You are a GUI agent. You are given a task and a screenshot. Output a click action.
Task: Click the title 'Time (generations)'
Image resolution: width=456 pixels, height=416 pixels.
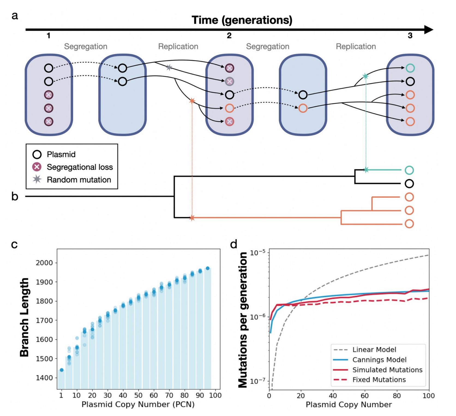242,20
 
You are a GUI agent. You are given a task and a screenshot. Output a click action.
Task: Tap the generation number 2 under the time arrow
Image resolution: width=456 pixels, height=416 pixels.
229,35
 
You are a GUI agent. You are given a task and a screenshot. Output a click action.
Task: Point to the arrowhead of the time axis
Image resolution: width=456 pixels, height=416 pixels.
428,29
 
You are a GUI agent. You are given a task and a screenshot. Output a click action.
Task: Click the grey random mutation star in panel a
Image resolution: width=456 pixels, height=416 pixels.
169,67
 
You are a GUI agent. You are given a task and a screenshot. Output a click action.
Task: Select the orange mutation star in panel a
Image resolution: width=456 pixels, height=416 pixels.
192,101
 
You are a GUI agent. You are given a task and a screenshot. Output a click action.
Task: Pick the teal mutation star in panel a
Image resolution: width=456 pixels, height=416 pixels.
365,76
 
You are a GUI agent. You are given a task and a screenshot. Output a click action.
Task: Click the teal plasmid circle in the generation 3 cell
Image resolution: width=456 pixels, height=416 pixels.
410,68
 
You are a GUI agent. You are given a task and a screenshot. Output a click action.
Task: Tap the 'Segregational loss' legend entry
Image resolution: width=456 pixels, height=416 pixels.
79,167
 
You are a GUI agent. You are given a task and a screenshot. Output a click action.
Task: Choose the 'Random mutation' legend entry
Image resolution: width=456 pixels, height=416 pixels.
79,180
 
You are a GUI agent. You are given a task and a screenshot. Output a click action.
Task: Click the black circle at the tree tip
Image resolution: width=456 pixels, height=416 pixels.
409,184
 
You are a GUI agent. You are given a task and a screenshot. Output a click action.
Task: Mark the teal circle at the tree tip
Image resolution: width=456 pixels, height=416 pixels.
409,170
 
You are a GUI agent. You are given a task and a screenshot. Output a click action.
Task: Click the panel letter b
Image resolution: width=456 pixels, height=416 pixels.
15,196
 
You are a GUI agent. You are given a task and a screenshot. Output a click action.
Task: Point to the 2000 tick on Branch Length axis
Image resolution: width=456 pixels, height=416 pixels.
44,263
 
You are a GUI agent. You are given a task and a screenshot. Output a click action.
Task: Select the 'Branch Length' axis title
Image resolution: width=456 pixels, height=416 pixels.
24,317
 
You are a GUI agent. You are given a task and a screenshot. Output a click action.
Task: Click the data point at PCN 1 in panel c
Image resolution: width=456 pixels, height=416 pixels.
62,370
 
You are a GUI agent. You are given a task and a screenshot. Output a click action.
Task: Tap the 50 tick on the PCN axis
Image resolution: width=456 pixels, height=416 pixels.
138,395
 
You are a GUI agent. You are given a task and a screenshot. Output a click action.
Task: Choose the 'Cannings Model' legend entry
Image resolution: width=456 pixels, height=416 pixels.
379,360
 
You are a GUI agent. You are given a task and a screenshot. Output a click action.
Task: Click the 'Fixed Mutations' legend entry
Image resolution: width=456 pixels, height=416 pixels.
379,380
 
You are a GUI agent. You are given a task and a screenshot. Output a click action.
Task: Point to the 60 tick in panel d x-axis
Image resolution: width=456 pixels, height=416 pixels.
365,396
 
